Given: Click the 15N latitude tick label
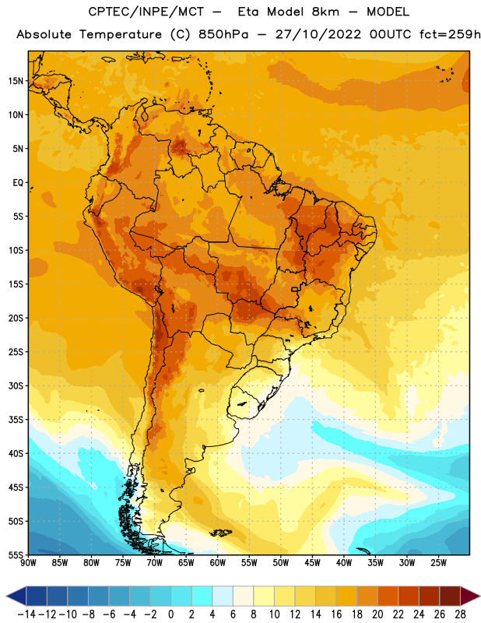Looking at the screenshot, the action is coord(16,81).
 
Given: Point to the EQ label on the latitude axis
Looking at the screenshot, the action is coord(18,183).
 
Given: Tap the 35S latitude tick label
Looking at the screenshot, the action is coord(16,420).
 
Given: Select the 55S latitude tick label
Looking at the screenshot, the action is coord(16,554).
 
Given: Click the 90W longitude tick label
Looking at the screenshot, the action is coord(28,563).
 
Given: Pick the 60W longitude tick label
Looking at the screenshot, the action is coord(218,563).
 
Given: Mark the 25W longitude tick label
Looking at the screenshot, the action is coord(438,563).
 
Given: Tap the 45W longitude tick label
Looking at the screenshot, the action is coord(312,563).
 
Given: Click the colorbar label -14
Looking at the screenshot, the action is coord(26,614).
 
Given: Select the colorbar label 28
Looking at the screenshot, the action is coord(460,614).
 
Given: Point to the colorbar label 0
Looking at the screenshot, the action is coord(171,614).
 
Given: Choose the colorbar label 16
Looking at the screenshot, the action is coord(336,614).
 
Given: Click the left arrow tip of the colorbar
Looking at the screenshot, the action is coord(6,596).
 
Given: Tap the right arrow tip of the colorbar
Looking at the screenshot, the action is coord(479,596).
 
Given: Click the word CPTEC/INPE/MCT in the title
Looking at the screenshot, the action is coord(146,12).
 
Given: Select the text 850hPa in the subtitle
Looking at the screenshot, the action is coord(223,34).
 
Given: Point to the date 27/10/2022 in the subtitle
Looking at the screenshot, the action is coord(318,34).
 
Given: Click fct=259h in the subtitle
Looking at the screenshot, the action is coord(450,34).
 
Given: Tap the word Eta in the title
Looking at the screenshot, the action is coord(248,12).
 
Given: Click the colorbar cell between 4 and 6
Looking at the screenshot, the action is coord(223,596).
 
